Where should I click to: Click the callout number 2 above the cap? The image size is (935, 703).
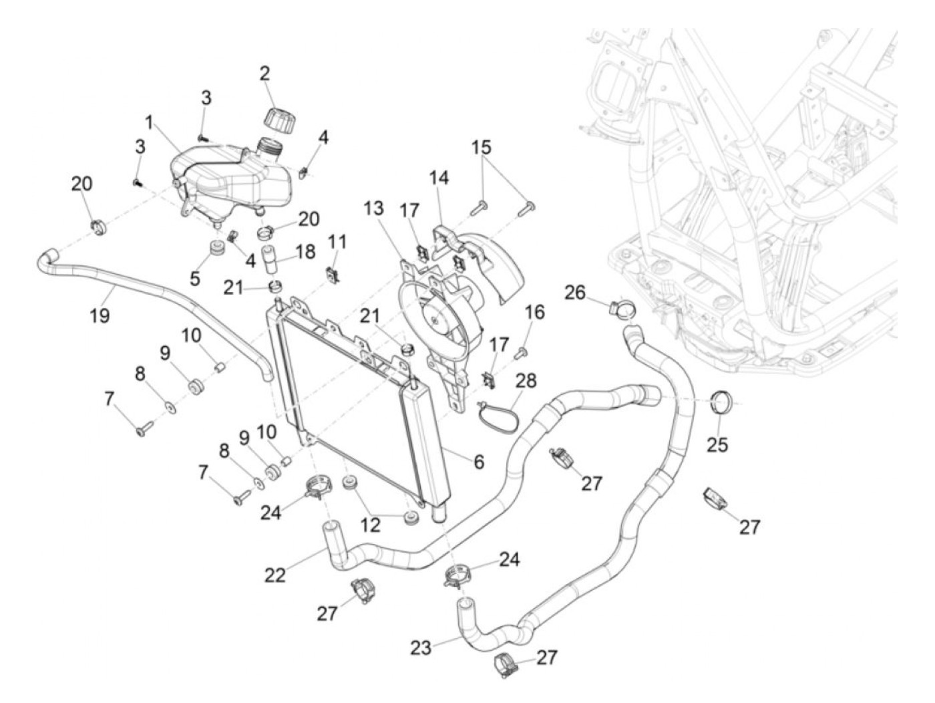click(264, 74)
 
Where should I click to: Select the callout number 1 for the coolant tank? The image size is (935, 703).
click(149, 123)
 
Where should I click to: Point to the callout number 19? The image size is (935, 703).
click(100, 316)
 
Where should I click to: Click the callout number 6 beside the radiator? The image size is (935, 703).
click(480, 461)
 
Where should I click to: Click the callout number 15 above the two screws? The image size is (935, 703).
click(481, 147)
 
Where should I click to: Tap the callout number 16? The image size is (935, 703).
click(534, 312)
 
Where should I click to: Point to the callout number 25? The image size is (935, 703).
click(717, 444)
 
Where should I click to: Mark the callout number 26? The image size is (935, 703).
click(575, 293)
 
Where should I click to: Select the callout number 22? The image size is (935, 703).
click(274, 575)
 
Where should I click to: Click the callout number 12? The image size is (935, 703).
click(370, 525)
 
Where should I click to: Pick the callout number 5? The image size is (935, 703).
click(194, 279)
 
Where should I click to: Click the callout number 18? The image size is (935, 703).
click(305, 251)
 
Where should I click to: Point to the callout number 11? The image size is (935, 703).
click(337, 242)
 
